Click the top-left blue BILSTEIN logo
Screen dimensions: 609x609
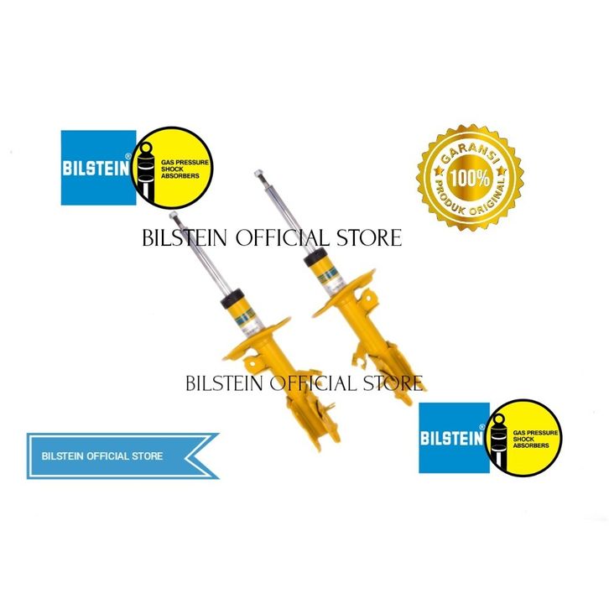[97, 168]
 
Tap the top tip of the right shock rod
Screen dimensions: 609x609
[258, 174]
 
